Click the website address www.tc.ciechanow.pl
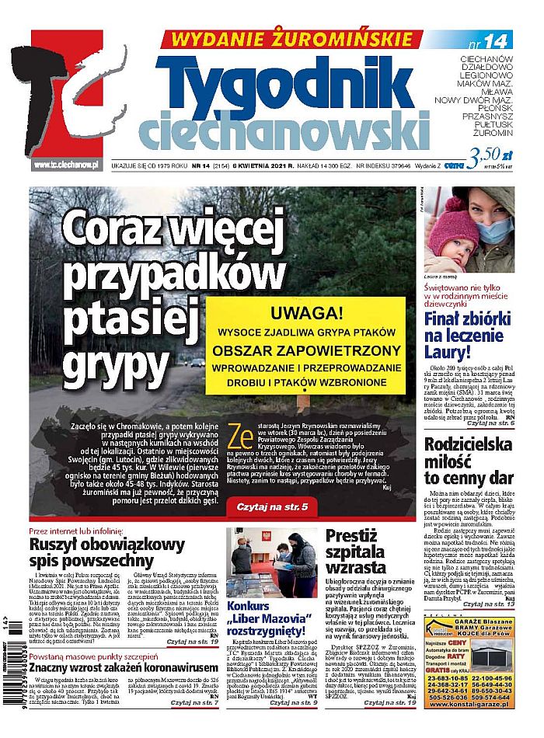tap(65, 165)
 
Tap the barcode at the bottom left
tap(15, 676)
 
